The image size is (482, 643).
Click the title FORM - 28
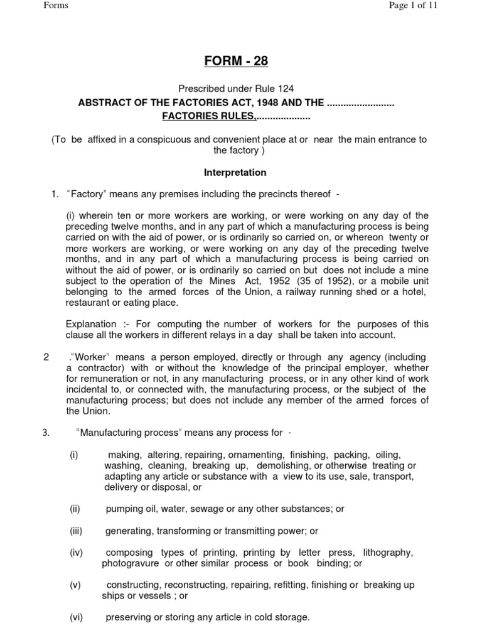pos(241,61)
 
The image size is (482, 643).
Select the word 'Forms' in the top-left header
pos(56,6)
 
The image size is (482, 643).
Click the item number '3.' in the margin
pos(46,433)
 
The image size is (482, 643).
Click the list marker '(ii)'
pos(75,509)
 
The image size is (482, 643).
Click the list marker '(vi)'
pos(76,617)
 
